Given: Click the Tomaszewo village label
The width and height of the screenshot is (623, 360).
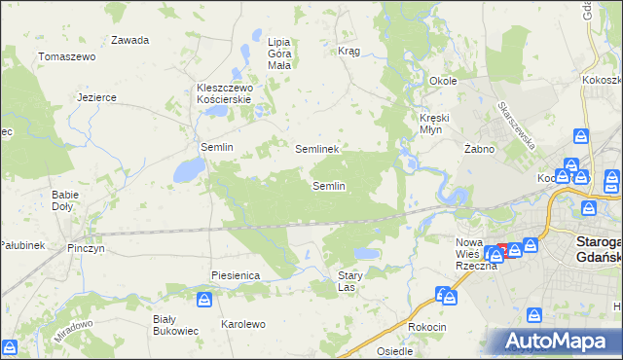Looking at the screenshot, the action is (66, 57).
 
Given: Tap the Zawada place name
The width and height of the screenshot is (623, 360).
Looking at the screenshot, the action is (129, 40).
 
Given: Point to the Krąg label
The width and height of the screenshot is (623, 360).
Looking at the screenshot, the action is (348, 51).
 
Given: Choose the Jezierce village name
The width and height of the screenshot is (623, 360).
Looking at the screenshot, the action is (97, 97).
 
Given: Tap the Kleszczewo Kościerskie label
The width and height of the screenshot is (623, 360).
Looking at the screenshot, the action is (225, 93).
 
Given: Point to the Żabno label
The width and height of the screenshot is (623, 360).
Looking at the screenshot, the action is (480, 149).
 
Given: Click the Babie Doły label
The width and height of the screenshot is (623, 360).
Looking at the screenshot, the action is (65, 200).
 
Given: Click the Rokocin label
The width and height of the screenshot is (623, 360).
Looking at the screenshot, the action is (428, 328).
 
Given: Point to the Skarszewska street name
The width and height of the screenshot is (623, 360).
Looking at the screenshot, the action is (516, 126).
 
